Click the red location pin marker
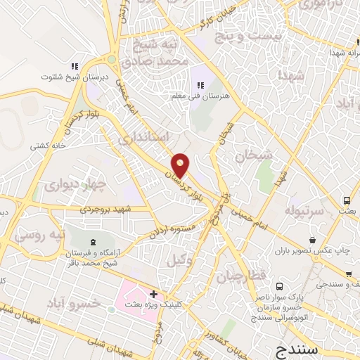coord(181,165)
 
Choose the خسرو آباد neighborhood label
coord(74,303)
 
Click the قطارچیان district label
coord(241,276)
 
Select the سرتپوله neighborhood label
coord(304,210)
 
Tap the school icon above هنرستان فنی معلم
coord(201,86)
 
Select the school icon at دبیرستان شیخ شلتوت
coord(74,67)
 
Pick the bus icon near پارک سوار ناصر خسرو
coord(280,287)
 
